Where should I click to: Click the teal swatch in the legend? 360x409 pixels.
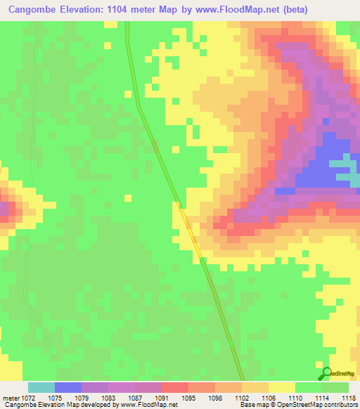(41, 387)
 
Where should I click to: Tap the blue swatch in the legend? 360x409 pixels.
(68, 387)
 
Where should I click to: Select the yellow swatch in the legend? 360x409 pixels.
(281, 387)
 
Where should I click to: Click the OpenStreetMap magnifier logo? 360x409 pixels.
(326, 373)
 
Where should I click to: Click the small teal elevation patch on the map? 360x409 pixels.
(342, 164)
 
